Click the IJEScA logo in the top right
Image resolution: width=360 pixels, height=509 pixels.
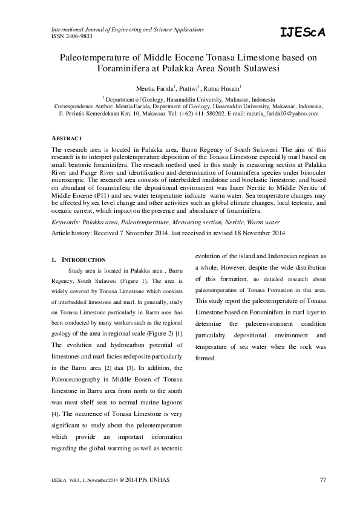303,33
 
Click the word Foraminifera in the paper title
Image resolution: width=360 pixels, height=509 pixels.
129,69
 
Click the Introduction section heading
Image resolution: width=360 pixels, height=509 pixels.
84,259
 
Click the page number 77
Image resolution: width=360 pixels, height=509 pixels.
322,480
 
